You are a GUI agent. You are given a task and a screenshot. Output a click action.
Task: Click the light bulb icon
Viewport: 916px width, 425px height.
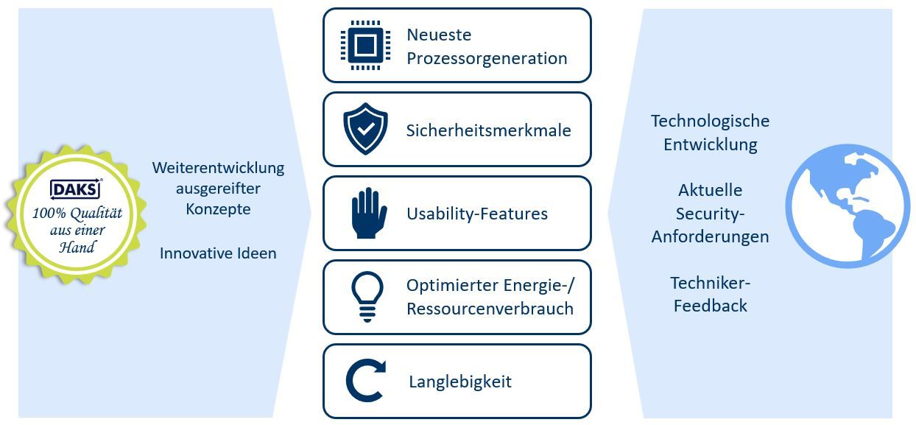coord(367,297)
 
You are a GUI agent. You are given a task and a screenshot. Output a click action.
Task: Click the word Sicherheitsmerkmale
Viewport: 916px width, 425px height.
coord(488,130)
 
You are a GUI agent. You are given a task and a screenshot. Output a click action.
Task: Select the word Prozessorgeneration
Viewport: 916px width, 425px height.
coord(487,58)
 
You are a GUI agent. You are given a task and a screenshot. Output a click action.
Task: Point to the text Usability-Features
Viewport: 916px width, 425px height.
coord(477,214)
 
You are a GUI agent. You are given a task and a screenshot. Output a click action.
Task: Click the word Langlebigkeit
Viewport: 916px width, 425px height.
coord(460,382)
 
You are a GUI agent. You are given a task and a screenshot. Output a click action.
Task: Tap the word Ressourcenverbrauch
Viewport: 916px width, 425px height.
coord(490,309)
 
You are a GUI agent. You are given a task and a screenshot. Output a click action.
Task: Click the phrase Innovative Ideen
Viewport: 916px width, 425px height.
coord(218,253)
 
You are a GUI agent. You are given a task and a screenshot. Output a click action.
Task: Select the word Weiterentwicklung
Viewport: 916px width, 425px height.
coord(218,168)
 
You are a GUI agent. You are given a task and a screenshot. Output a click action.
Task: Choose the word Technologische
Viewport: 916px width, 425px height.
coord(710,121)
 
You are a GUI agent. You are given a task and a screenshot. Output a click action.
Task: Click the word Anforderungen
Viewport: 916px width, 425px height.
coord(710,237)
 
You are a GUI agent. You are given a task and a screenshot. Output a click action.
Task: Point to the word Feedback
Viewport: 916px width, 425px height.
coord(710,306)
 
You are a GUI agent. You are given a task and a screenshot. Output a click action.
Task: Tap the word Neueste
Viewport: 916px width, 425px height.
coord(439,35)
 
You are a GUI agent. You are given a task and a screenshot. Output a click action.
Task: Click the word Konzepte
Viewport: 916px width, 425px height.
coord(218,209)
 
